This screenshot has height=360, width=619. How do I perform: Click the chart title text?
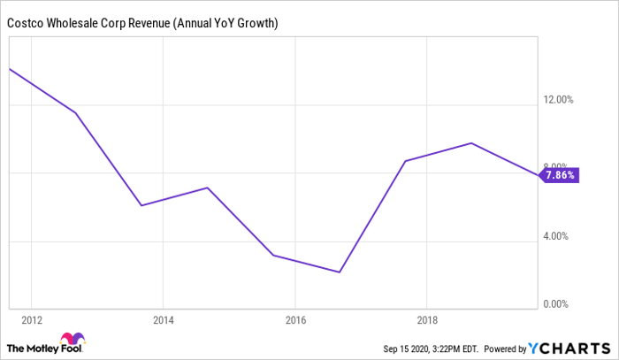pos(143,22)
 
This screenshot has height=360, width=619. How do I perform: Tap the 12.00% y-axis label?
pos(558,100)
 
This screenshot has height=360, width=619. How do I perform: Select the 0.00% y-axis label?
pos(561,304)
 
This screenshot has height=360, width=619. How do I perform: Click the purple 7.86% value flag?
pos(560,175)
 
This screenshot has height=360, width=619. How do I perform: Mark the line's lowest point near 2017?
pos(340,272)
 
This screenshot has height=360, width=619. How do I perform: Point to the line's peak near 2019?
pos(471,143)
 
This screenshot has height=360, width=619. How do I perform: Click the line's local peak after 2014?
pos(207,188)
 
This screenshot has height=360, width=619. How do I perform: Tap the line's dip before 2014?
pos(141,205)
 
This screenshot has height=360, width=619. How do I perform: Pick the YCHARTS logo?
pos(569,346)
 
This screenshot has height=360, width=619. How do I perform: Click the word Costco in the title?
pos(27,22)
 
